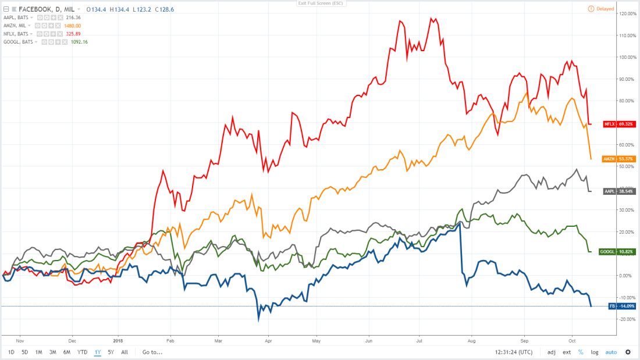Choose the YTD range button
[x=83, y=352]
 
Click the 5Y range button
[x=111, y=352]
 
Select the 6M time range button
[x=67, y=352]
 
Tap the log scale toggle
[x=594, y=352]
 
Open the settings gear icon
[x=628, y=352]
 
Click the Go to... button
[x=152, y=352]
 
